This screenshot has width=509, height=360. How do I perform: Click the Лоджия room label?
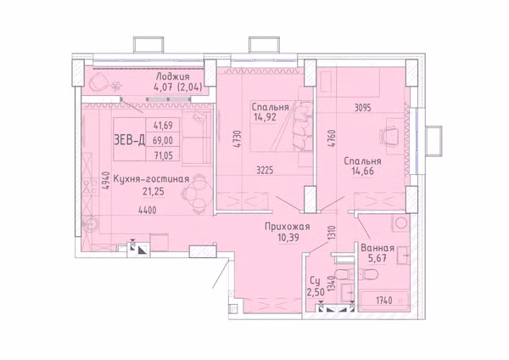172,77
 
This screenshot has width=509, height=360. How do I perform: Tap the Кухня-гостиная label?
151,179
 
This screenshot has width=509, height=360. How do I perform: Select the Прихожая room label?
288,227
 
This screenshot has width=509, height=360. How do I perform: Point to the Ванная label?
378,248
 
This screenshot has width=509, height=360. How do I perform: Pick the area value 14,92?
266,117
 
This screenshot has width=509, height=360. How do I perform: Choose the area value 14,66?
362,172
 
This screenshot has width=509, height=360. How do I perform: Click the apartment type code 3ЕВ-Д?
129,140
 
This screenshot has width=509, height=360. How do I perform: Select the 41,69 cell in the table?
163,125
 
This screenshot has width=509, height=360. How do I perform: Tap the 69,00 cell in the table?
163,140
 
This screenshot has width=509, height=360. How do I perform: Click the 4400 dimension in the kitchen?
148,211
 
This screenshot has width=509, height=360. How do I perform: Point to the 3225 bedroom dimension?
265,170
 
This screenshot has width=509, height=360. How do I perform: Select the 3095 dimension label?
362,108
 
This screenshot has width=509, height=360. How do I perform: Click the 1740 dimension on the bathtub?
384,301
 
